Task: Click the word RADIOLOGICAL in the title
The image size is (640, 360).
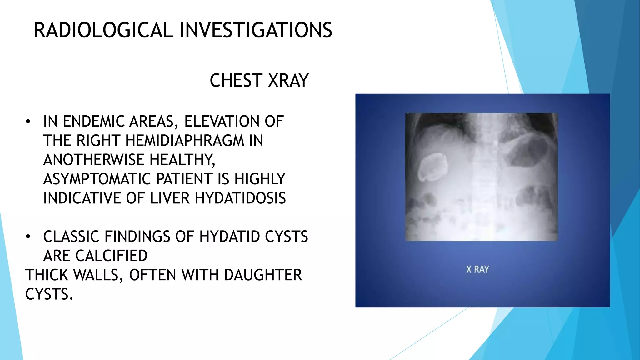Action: click(x=103, y=30)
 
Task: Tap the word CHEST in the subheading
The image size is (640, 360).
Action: click(x=236, y=81)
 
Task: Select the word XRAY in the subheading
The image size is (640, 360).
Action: click(x=288, y=81)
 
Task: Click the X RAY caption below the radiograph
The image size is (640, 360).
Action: click(x=477, y=269)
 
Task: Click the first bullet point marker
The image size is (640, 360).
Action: click(x=28, y=122)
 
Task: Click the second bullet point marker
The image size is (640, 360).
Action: click(x=28, y=237)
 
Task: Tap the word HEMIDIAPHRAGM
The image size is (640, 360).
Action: click(x=184, y=141)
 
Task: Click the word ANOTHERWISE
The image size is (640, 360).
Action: click(x=94, y=160)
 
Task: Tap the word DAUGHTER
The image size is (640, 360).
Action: click(x=262, y=275)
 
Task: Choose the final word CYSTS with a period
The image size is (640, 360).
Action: click(x=49, y=294)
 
